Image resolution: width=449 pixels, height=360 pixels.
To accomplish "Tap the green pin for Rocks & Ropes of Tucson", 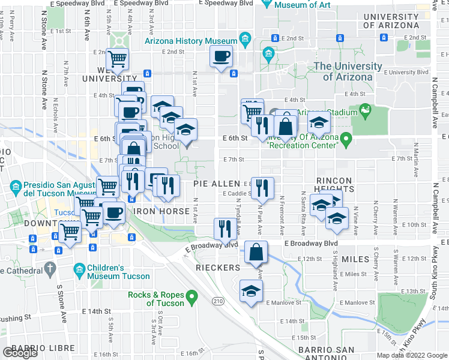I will point(192,296).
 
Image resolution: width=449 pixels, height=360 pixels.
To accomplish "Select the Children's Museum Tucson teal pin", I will point(79,269).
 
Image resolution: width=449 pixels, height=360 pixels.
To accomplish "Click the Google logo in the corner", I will point(20,353).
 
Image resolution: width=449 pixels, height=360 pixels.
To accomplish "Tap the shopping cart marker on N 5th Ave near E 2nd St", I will point(118,59).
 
